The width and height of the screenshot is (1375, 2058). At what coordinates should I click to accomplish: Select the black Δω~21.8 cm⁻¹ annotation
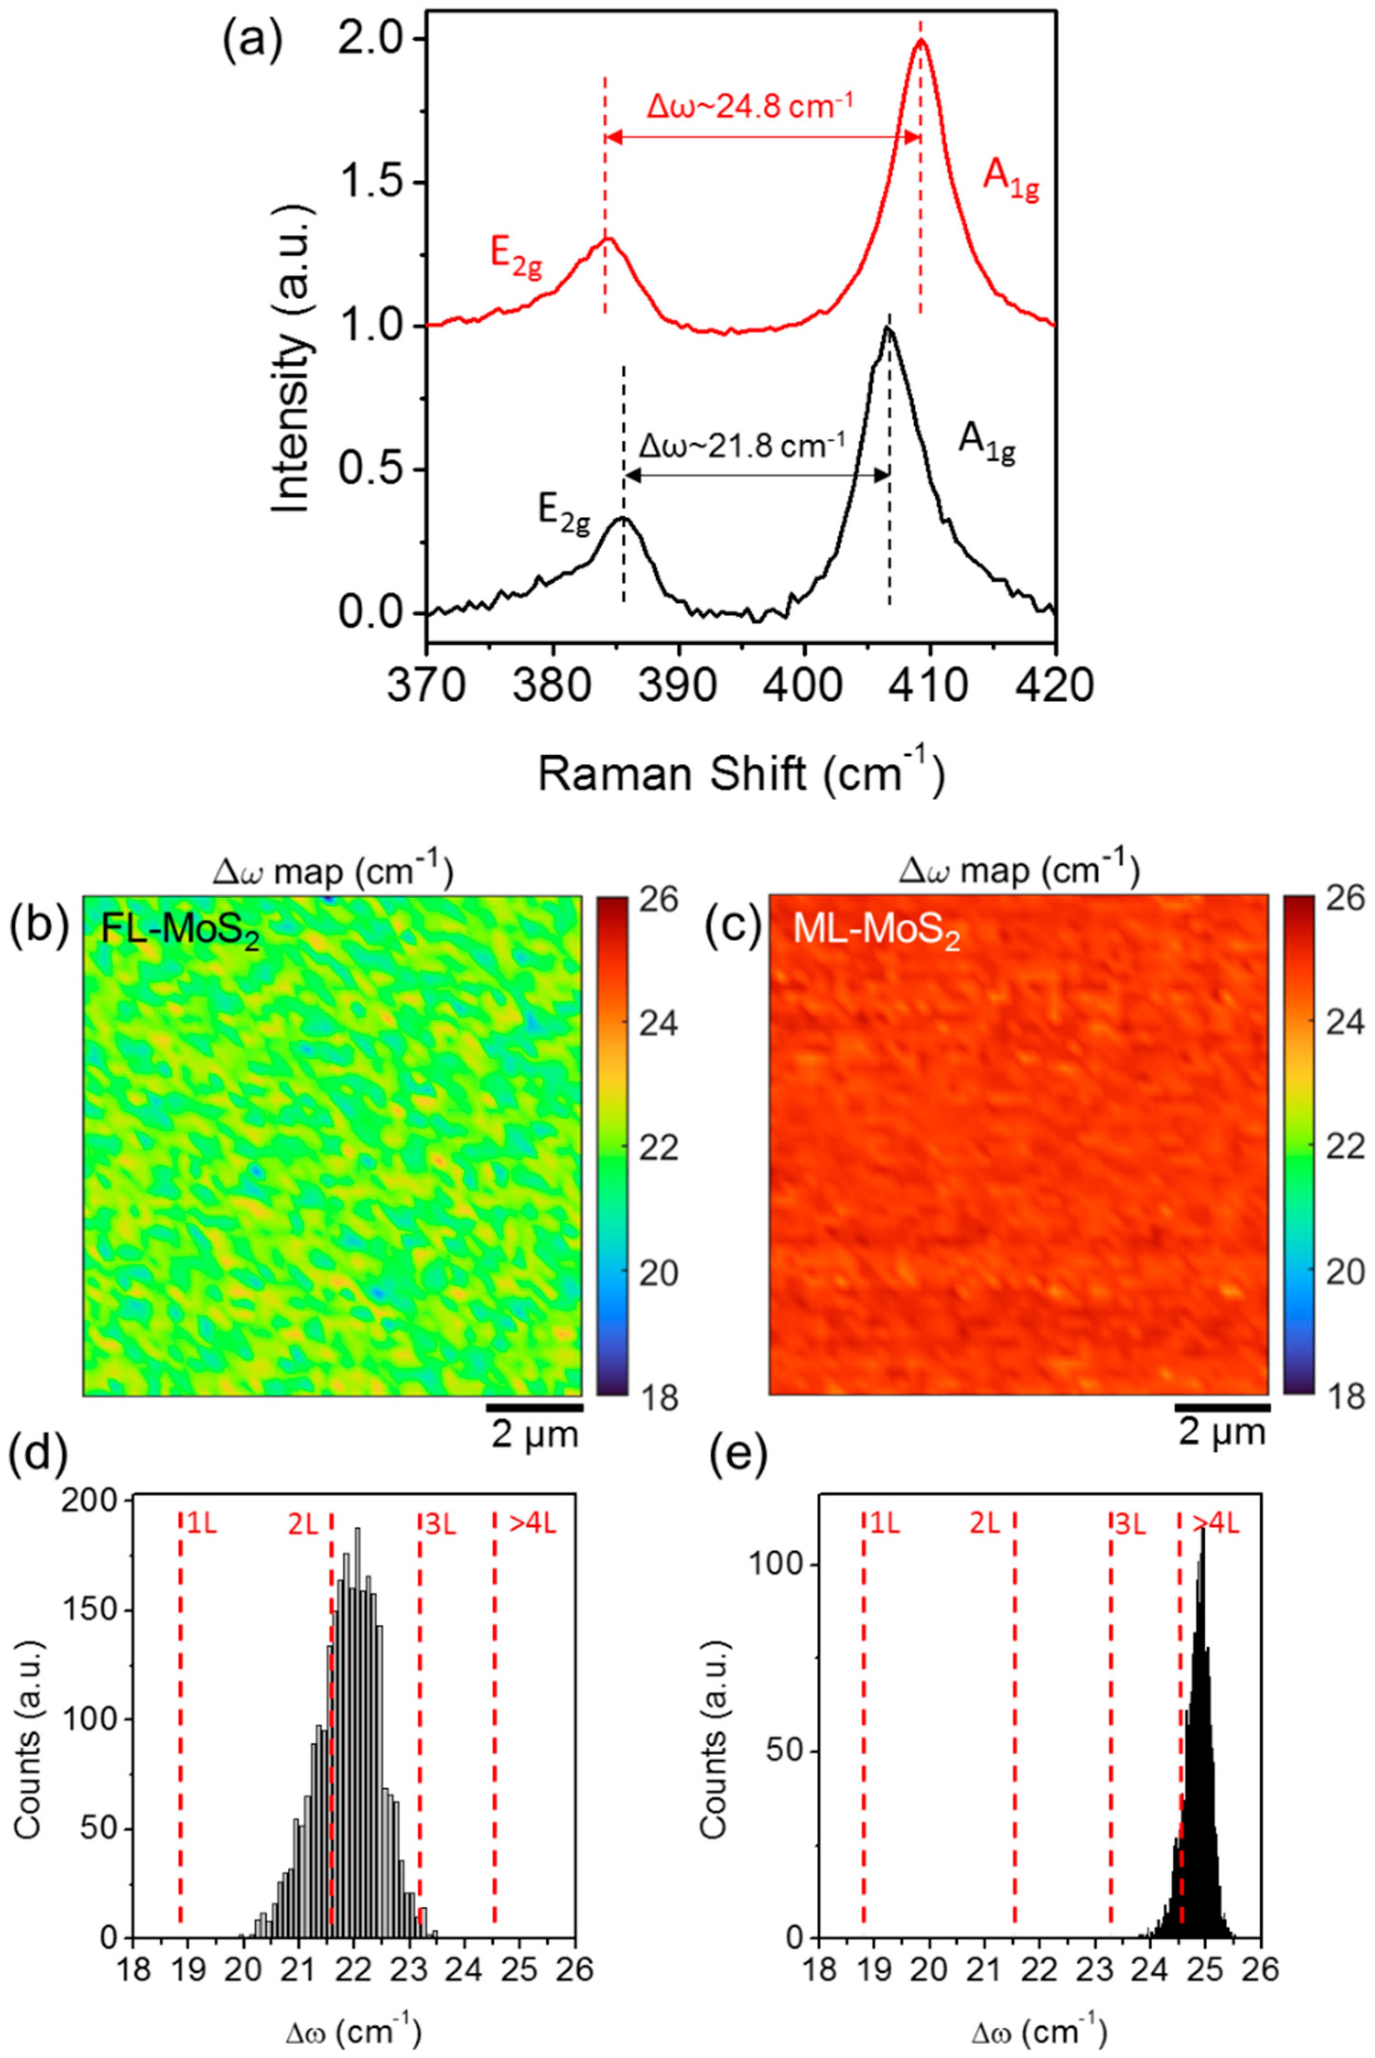742,446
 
